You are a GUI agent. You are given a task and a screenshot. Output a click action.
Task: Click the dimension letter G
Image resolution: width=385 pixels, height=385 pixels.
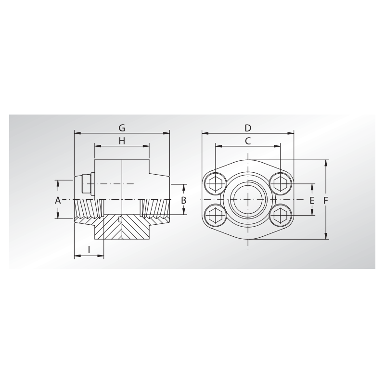pos(122,128)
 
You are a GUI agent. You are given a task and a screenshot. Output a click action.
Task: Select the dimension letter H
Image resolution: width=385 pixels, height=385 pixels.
pos(122,141)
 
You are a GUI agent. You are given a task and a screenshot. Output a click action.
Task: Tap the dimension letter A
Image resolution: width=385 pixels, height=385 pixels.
pos(58,200)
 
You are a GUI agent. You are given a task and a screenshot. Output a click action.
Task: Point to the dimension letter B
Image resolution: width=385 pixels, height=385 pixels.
pos(184,200)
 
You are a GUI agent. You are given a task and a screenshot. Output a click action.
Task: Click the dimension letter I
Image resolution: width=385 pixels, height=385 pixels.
pos(89,250)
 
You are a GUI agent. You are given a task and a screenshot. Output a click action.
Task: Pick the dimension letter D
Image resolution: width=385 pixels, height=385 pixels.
pos(248,128)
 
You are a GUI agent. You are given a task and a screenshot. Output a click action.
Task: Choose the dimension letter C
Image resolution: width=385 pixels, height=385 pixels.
pos(248,141)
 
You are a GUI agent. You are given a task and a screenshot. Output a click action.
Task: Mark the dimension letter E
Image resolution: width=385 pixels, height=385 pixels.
pos(312,200)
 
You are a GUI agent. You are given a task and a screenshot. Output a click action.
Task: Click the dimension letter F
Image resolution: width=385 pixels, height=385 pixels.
pos(326,200)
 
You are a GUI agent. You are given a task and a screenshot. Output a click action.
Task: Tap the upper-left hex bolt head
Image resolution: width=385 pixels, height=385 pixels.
pos(215,184)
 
